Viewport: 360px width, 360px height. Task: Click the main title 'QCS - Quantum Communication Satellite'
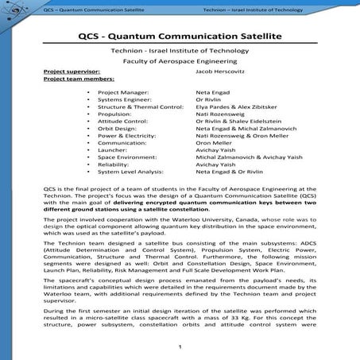[180, 36]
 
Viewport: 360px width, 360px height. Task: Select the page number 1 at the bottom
[180, 346]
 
